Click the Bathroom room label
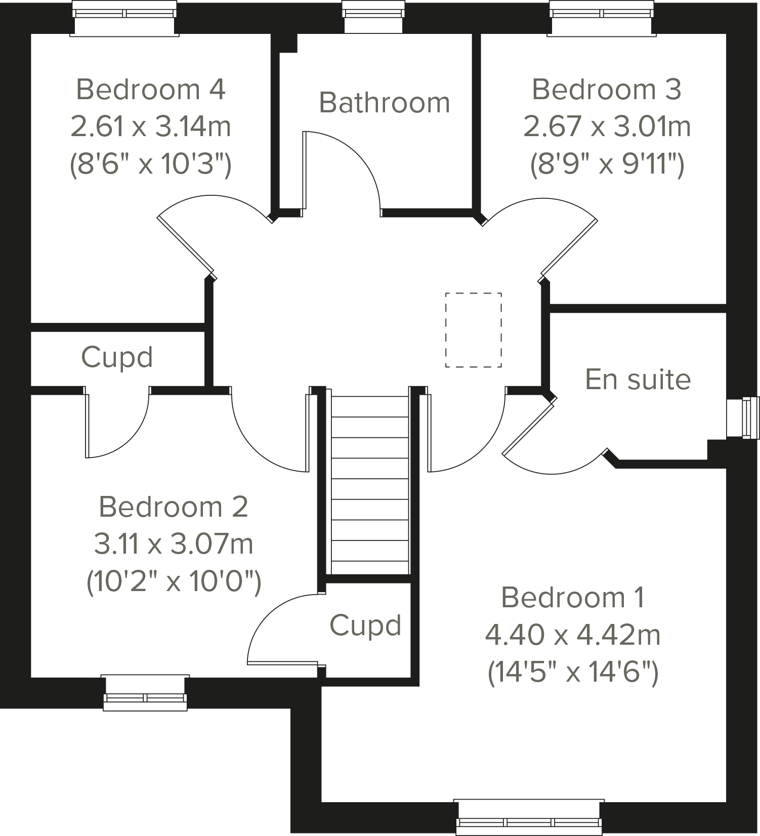click(x=384, y=103)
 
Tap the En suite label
click(x=638, y=380)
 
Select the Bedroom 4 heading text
click(x=150, y=90)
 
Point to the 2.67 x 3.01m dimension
click(x=607, y=127)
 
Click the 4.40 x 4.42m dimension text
click(x=573, y=635)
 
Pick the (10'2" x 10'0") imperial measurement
click(x=174, y=581)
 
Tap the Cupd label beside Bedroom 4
click(x=117, y=357)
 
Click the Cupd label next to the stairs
click(x=365, y=625)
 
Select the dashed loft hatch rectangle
click(x=473, y=330)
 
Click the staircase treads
click(x=370, y=488)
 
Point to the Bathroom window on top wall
click(x=374, y=17)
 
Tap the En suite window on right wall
click(x=743, y=417)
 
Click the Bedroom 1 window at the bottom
click(x=529, y=817)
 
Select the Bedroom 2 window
click(x=145, y=692)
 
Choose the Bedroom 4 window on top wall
click(x=124, y=18)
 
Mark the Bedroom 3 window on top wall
click(x=602, y=18)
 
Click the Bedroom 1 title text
click(x=573, y=598)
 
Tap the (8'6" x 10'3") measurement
click(x=150, y=164)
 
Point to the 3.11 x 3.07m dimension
click(x=174, y=544)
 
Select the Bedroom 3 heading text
click(x=607, y=90)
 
